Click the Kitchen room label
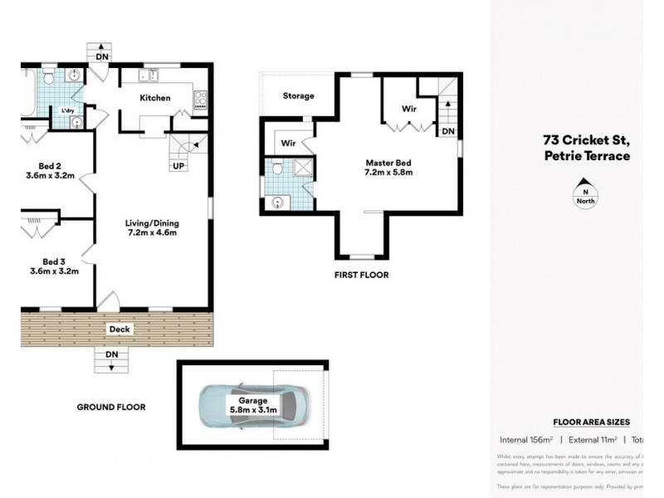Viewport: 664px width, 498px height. point(154,98)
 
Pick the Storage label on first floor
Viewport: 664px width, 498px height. point(298,96)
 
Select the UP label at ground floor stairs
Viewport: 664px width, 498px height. point(178,166)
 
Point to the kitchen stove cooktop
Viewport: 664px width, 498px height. point(199,100)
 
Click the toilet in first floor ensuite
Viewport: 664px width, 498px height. point(277,168)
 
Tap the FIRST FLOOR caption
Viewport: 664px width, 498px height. point(361,275)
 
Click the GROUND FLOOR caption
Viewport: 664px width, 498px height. point(110,408)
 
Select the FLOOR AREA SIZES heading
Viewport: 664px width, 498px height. point(591,422)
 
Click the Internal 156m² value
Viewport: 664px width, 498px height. point(526,439)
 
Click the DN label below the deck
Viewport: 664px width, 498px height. point(111,354)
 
